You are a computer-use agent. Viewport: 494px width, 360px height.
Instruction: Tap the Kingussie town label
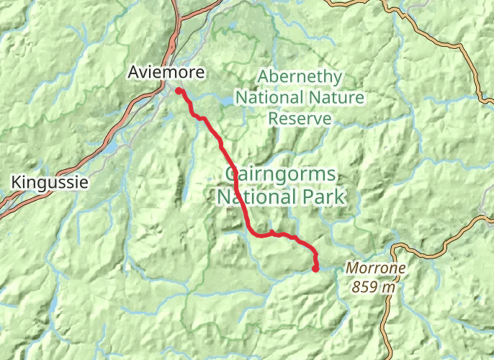[x=50, y=183]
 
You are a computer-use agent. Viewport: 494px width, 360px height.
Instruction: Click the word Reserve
[x=300, y=118]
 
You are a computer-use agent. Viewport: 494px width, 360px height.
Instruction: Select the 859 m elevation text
[x=374, y=286]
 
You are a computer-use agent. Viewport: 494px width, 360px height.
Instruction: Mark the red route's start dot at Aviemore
[x=178, y=91]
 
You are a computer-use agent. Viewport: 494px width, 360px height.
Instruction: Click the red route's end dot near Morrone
[x=315, y=269]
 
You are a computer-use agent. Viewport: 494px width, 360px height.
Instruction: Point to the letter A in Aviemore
[x=134, y=72]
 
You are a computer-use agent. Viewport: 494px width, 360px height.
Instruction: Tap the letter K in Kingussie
[x=17, y=183]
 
